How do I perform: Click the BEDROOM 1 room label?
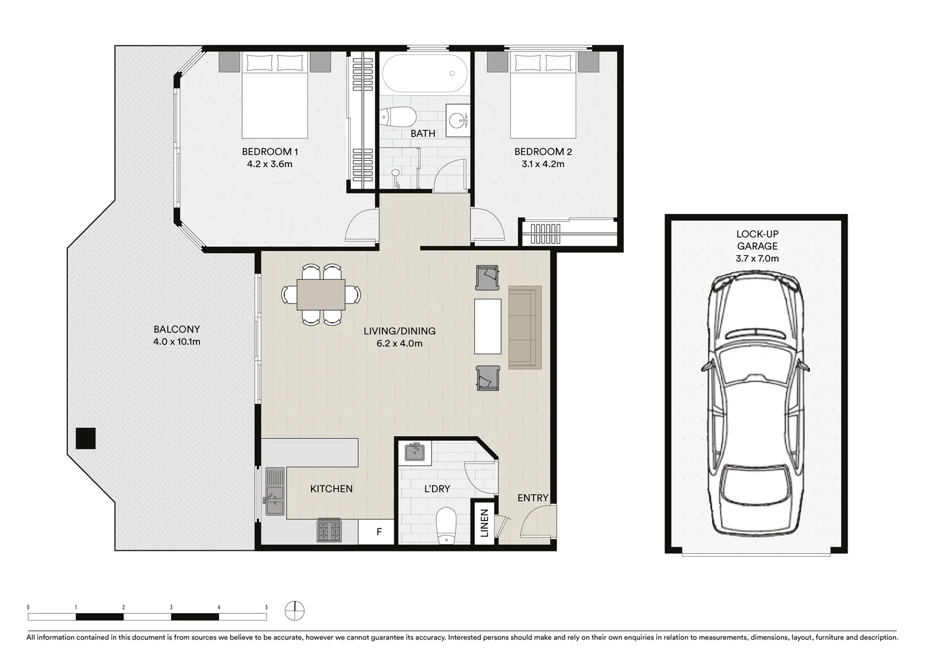point(269,152)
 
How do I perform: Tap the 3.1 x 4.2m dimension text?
point(543,164)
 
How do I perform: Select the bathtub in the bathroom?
point(424,73)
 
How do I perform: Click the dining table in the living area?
point(321,294)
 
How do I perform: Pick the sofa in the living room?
point(524,327)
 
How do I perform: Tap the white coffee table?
point(488,326)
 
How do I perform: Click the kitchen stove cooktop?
point(328,531)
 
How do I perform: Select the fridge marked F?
point(379,532)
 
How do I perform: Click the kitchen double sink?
point(274,492)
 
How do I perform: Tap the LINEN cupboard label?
point(484,523)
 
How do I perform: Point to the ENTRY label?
point(532,498)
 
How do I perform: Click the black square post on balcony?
point(86,438)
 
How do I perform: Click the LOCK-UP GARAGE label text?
point(757,240)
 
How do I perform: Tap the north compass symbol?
point(295,611)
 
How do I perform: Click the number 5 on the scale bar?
point(266,607)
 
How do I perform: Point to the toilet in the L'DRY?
point(446,524)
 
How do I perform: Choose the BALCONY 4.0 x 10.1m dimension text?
point(177,342)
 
